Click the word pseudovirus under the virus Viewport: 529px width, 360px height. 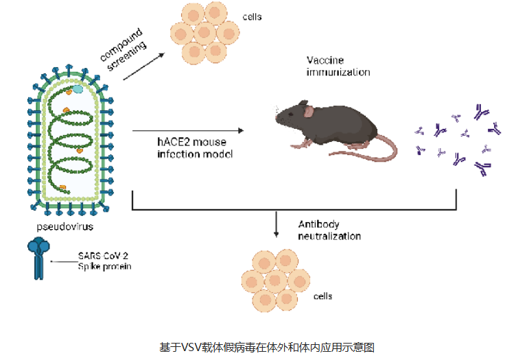(64, 225)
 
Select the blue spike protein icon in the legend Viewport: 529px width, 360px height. (39, 257)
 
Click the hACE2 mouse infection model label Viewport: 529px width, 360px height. (195, 149)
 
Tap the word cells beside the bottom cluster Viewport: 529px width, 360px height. (322, 296)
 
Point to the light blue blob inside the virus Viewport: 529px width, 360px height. (79, 88)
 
